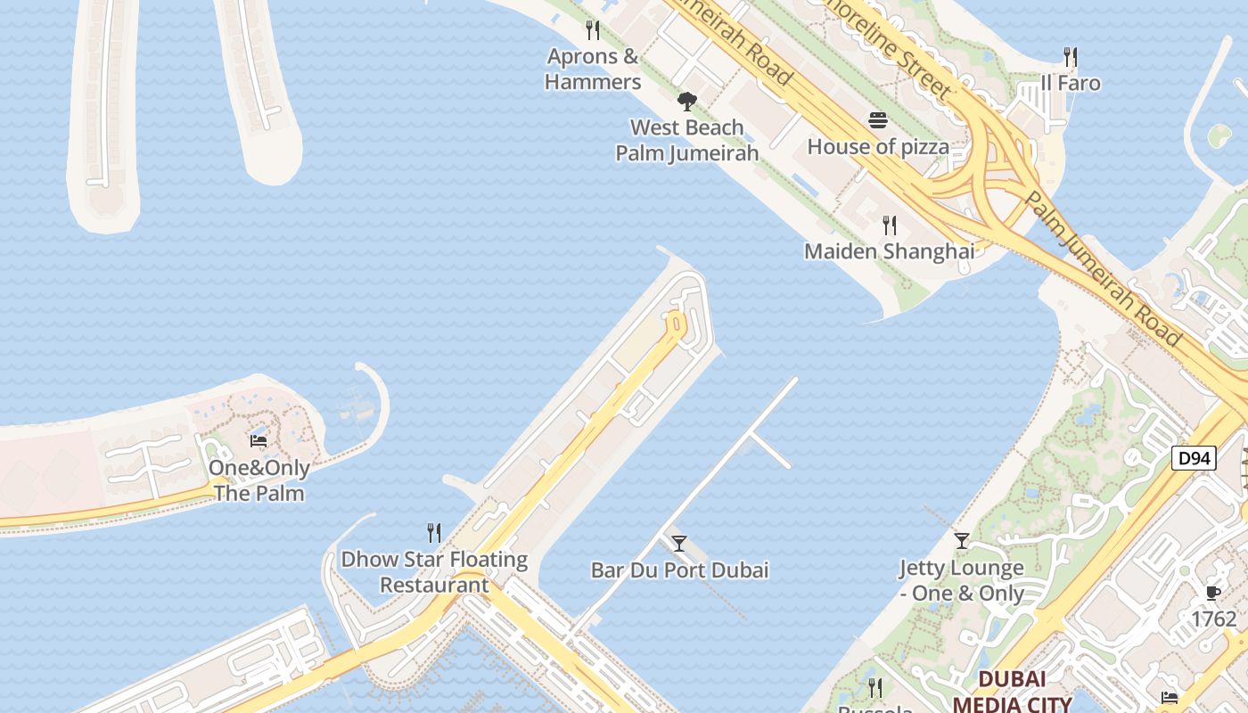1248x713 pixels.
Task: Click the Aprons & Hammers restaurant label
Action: click(x=593, y=70)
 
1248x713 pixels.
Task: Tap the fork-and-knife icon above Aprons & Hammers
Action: click(x=593, y=30)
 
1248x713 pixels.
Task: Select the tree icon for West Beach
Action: click(x=686, y=102)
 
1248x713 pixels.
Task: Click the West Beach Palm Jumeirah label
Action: click(x=687, y=140)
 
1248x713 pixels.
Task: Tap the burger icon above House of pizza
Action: click(x=878, y=120)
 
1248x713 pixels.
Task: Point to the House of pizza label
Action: click(x=878, y=146)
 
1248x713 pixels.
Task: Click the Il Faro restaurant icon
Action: click(x=1071, y=57)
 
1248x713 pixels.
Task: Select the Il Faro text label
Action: click(x=1071, y=84)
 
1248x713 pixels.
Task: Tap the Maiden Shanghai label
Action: click(x=889, y=251)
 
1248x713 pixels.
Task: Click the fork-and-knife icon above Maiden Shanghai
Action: click(x=889, y=225)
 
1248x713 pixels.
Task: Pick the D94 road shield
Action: click(x=1193, y=459)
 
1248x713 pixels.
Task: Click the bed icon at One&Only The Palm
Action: click(x=259, y=441)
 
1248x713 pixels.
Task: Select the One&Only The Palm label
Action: click(x=259, y=480)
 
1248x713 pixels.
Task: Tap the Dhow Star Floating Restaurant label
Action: click(x=434, y=572)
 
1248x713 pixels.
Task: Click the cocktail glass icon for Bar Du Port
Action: click(x=679, y=543)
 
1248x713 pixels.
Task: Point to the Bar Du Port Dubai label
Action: click(x=679, y=570)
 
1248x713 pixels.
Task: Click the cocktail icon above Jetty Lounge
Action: click(x=961, y=540)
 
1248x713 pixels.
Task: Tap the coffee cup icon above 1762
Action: click(x=1212, y=593)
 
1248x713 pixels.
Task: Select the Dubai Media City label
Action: click(x=1011, y=691)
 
